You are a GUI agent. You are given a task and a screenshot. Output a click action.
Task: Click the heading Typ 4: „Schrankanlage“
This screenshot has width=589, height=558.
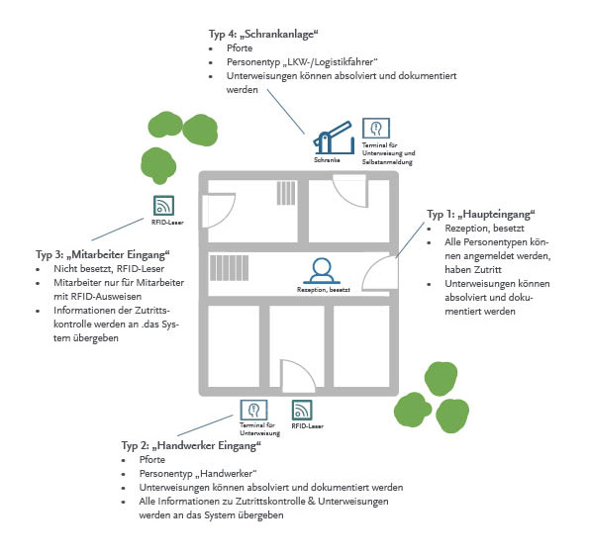(263, 35)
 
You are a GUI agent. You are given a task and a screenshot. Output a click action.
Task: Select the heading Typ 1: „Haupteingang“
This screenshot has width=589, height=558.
(480, 215)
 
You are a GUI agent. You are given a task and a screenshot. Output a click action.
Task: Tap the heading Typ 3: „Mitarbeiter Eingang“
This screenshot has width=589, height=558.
(103, 255)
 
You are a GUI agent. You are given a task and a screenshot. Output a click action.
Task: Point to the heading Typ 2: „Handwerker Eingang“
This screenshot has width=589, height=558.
(191, 446)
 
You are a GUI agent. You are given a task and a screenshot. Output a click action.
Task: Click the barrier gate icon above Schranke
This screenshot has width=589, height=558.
(334, 138)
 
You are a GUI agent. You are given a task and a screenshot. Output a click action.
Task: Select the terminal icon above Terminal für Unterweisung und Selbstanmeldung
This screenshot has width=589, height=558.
(376, 129)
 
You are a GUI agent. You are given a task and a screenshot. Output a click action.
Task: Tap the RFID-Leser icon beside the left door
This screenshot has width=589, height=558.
(163, 206)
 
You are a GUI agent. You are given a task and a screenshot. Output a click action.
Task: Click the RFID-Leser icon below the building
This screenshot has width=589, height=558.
(302, 410)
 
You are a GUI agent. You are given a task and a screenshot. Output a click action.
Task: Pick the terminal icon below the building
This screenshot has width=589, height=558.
(254, 410)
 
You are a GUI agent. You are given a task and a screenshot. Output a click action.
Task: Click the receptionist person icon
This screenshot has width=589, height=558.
(322, 270)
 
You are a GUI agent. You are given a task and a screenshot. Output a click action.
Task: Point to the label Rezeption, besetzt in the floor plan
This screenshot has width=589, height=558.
(323, 290)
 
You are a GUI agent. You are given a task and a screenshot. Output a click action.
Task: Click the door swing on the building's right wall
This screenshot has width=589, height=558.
(379, 273)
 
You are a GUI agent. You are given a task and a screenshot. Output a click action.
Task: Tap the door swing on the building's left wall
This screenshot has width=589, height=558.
(219, 211)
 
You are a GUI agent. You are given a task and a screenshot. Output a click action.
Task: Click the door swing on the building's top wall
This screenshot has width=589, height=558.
(350, 191)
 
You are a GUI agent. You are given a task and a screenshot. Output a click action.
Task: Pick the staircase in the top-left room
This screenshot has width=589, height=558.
(286, 193)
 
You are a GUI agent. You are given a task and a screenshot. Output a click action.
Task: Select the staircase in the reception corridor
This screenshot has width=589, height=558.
(229, 268)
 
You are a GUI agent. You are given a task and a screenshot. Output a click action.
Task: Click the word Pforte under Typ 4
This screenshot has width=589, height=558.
(240, 48)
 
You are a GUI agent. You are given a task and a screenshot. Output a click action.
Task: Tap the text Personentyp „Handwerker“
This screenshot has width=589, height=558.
(198, 474)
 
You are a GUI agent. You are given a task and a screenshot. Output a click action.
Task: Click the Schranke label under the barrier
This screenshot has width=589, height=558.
(327, 160)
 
